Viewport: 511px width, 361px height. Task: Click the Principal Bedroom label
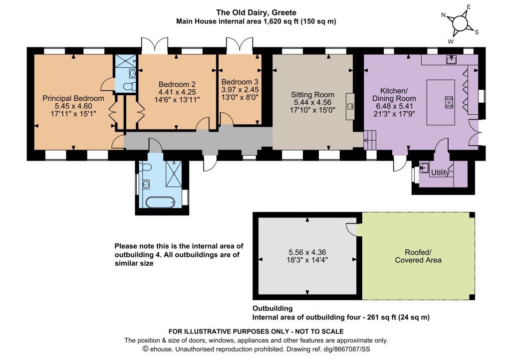pyautogui.click(x=73, y=98)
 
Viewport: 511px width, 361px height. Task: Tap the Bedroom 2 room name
pyautogui.click(x=177, y=84)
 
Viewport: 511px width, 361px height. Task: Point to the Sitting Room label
pyautogui.click(x=312, y=95)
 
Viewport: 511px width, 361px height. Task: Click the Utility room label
pyautogui.click(x=440, y=173)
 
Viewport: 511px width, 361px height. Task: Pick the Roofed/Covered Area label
pyautogui.click(x=418, y=256)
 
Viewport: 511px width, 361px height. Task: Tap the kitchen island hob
pyautogui.click(x=449, y=102)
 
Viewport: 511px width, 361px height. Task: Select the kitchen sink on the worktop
pyautogui.click(x=451, y=59)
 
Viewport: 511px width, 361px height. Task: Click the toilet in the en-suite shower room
pyautogui.click(x=131, y=86)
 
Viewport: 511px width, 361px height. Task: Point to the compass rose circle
pyautogui.click(x=460, y=23)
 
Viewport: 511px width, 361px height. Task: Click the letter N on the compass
pyautogui.click(x=443, y=15)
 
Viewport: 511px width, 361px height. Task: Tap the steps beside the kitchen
pyautogui.click(x=370, y=140)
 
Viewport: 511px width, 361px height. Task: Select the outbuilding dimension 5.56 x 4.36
pyautogui.click(x=307, y=252)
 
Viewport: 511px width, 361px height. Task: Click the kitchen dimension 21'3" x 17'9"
pyautogui.click(x=394, y=114)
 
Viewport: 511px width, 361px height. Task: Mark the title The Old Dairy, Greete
pyautogui.click(x=256, y=12)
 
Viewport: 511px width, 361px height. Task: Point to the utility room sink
pyautogui.click(x=424, y=168)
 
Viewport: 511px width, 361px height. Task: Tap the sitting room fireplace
pyautogui.click(x=350, y=106)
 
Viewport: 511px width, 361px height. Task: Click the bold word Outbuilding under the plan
pyautogui.click(x=272, y=308)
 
